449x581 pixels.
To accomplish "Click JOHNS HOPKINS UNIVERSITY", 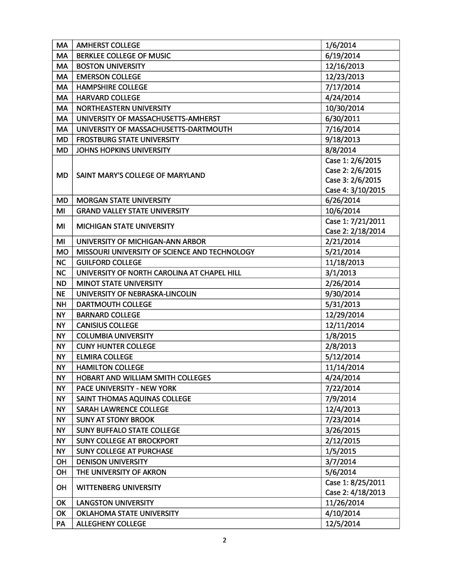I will [x=123, y=150].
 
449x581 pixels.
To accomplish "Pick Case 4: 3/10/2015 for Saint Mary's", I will [x=355, y=190].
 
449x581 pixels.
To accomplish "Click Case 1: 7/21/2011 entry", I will [x=355, y=221].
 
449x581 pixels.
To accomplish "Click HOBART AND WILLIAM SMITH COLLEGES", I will [x=144, y=378].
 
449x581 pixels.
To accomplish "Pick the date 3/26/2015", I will [x=343, y=430].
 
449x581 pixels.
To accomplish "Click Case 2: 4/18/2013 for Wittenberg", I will [x=355, y=492].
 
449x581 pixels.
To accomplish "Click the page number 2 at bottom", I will [x=224, y=540].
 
